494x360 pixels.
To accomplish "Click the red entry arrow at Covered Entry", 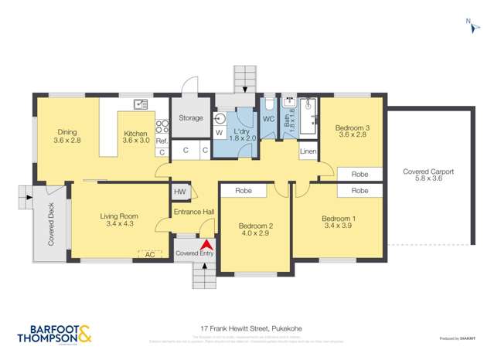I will [x=206, y=245].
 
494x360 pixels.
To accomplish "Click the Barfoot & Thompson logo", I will [x=52, y=333].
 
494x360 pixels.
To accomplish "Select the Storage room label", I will [x=190, y=118].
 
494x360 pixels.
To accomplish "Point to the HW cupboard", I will [x=179, y=192].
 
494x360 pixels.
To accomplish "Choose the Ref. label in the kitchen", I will [x=162, y=141].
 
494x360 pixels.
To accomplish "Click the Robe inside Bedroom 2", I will [x=244, y=189].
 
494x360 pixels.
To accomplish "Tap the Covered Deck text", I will [x=51, y=228].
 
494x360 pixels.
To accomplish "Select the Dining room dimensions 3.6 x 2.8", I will [x=67, y=141].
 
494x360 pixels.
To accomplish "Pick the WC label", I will [x=268, y=119].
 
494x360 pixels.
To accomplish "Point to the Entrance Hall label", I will [x=192, y=212].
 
